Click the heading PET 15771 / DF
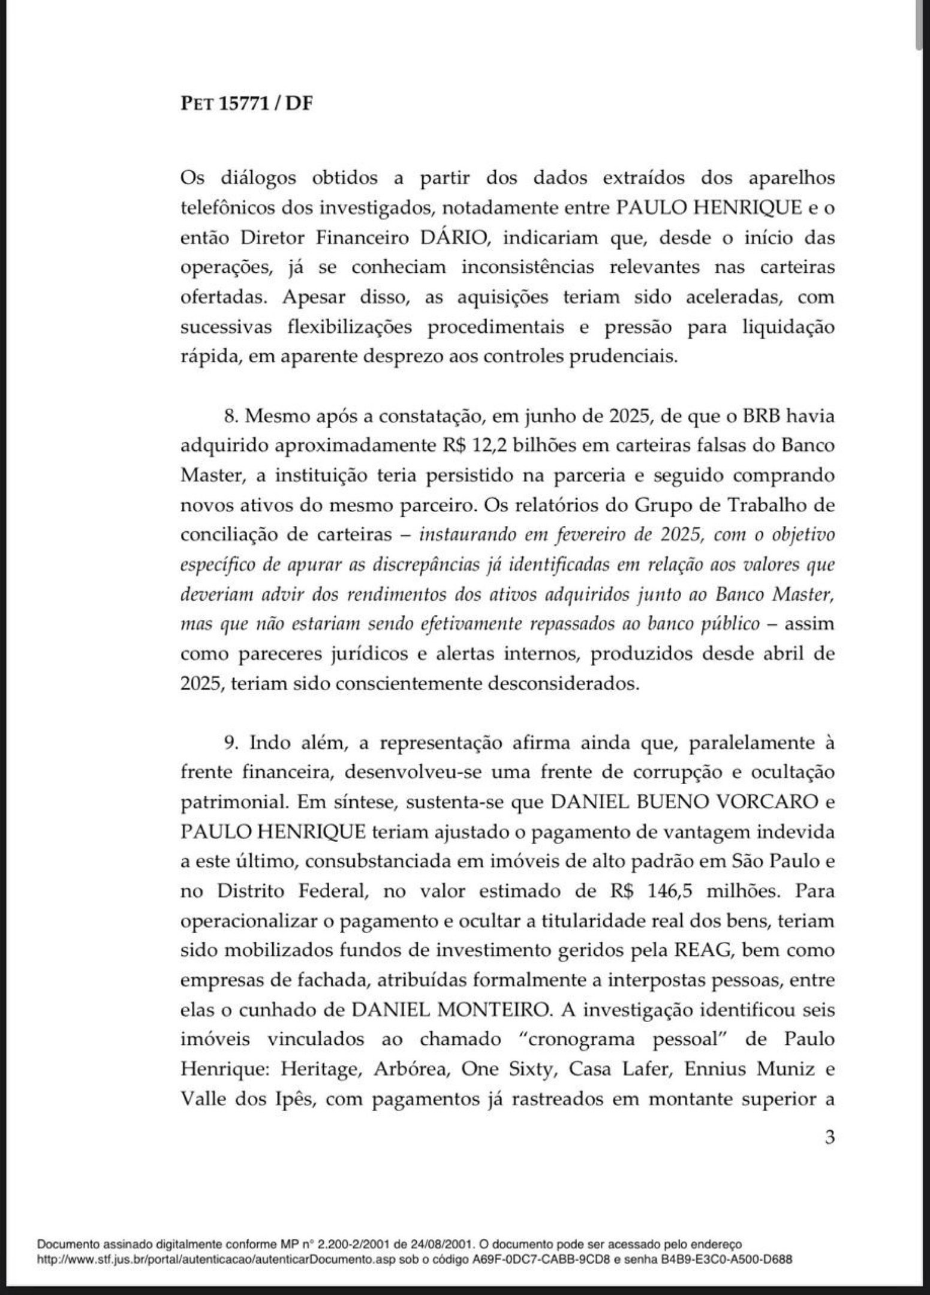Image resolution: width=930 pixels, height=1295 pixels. coord(246,104)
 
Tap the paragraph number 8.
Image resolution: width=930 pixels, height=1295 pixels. coord(230,415)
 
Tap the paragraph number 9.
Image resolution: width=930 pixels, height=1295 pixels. coord(231,743)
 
